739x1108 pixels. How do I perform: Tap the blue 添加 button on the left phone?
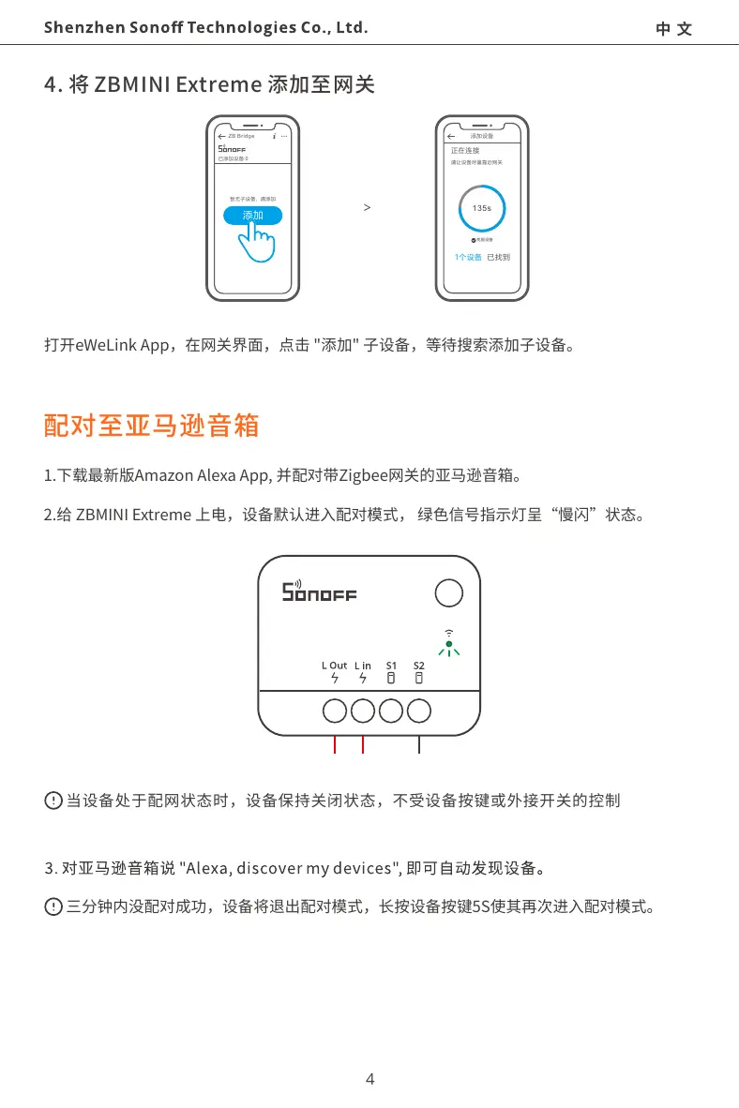point(252,216)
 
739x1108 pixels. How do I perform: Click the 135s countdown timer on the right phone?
point(483,207)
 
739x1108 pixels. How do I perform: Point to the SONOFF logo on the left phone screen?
point(232,148)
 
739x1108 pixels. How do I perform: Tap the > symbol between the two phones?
point(367,207)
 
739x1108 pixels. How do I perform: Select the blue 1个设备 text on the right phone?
point(468,258)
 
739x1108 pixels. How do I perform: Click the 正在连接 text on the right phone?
point(465,150)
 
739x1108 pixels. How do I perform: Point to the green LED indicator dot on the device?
point(449,644)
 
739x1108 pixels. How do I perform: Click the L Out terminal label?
point(334,666)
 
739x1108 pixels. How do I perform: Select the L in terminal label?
point(363,666)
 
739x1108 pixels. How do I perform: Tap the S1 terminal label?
point(392,666)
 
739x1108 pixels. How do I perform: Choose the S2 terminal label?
point(419,666)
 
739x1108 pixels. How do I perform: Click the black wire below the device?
point(418,746)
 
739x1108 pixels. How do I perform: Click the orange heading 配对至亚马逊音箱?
point(151,427)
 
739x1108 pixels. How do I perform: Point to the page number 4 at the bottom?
point(369,1079)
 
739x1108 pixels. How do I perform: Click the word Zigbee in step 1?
point(363,476)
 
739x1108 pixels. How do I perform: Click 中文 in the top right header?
point(674,29)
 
